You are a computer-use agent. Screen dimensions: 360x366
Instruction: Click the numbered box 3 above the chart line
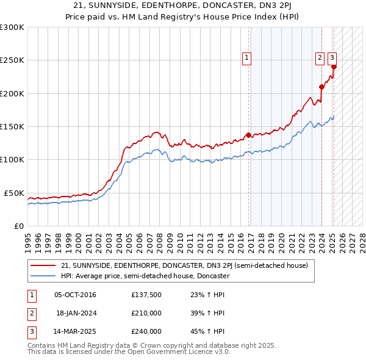click(332, 59)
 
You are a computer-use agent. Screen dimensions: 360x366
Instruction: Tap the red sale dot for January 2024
click(321, 87)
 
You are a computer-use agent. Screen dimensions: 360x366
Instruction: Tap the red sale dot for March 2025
click(334, 67)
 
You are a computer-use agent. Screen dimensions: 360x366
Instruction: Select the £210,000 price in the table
click(146, 313)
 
